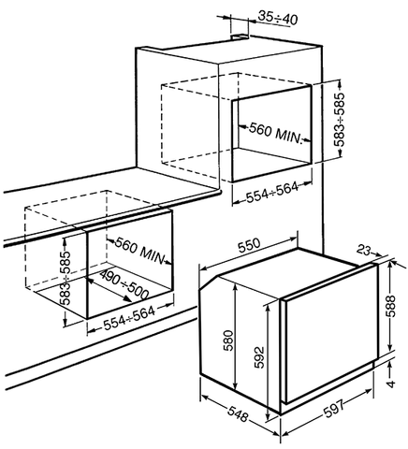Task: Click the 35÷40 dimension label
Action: pos(278,20)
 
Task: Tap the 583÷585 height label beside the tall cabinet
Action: pos(340,120)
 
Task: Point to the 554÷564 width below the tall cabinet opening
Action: pos(272,192)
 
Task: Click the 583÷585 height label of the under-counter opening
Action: pos(66,277)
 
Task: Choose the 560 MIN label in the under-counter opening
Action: pos(139,250)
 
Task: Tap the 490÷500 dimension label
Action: pos(124,284)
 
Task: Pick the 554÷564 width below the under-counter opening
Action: pos(129,318)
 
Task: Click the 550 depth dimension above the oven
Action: pos(249,245)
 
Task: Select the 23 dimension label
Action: pos(364,250)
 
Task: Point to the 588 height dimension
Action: pos(390,306)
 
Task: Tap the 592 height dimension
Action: pos(259,357)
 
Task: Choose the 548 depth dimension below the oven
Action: pos(238,414)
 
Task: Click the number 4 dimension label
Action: pos(391,384)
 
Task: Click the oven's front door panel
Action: pos(329,334)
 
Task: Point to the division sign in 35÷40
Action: pos(278,20)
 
